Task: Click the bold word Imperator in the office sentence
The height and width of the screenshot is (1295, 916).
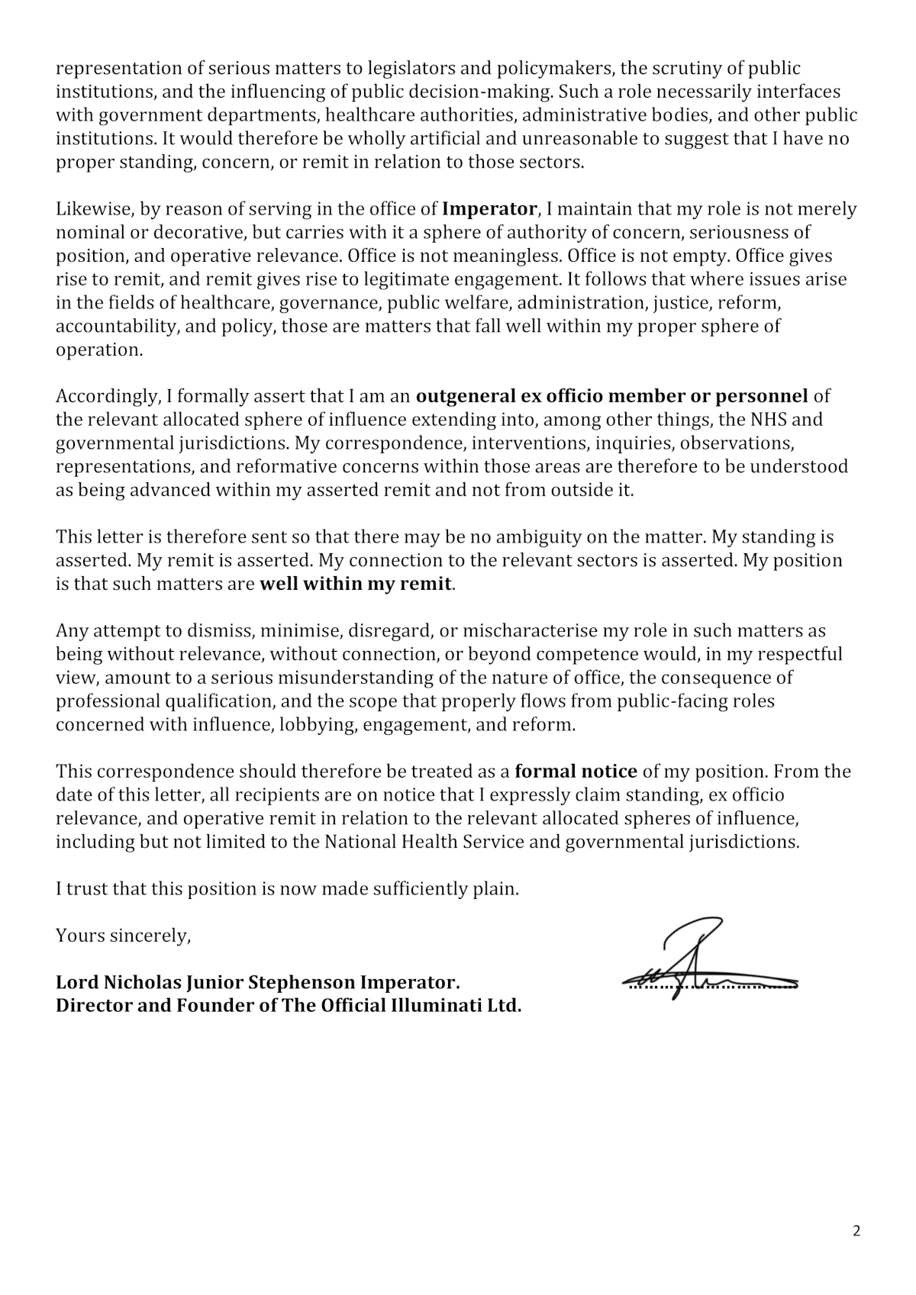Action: pyautogui.click(x=490, y=209)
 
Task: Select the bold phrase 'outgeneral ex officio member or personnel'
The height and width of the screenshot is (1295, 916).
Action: pyautogui.click(x=611, y=397)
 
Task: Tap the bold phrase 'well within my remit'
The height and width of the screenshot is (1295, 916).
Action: pyautogui.click(x=356, y=585)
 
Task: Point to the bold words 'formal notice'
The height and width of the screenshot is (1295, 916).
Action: pyautogui.click(x=576, y=772)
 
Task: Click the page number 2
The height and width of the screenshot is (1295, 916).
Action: pyautogui.click(x=856, y=1231)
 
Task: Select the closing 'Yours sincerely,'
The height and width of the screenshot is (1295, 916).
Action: pyautogui.click(x=123, y=936)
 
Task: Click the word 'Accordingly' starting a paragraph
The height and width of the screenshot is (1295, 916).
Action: pyautogui.click(x=103, y=397)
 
